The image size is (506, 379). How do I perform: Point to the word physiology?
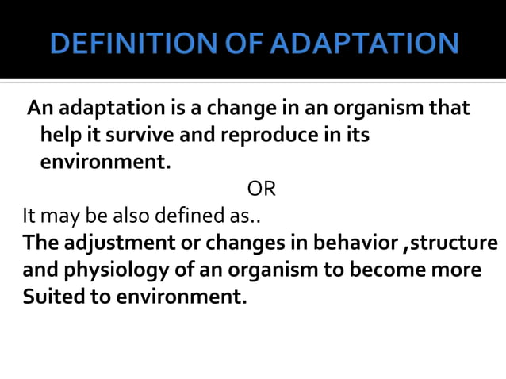(118, 271)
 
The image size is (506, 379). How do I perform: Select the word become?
(395, 271)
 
